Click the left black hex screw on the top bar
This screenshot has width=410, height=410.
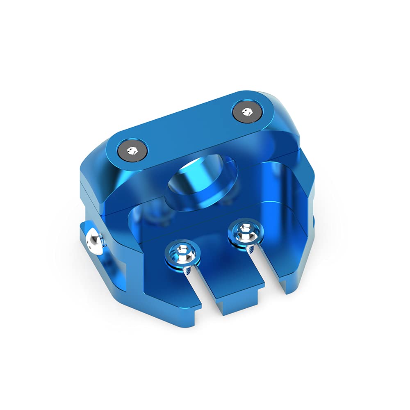tap(132, 150)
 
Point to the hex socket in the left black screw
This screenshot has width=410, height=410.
tap(132, 150)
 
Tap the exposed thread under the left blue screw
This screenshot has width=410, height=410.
tap(186, 271)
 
